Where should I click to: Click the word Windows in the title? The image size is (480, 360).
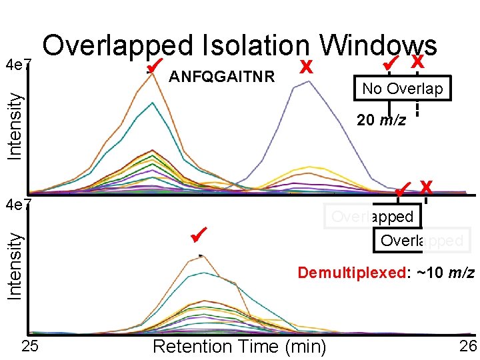378,45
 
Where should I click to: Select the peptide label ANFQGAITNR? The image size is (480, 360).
222,77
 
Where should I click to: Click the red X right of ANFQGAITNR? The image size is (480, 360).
306,67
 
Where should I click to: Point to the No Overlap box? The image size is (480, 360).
402,89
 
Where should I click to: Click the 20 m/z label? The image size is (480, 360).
381,120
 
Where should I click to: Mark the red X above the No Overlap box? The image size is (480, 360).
418,62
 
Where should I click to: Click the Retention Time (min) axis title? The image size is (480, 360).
239,347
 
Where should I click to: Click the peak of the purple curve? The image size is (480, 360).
306,81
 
